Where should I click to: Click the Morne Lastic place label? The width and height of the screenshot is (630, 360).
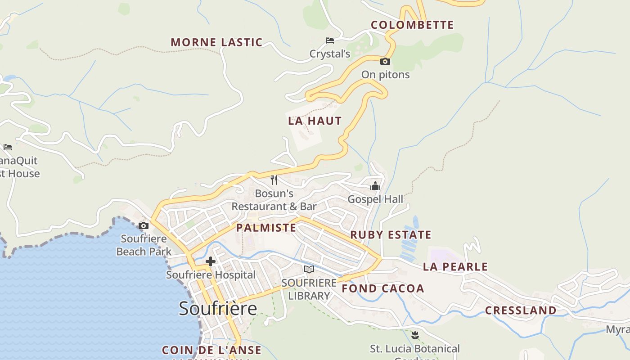[216, 42]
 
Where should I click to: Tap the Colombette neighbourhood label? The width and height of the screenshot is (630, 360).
[412, 25]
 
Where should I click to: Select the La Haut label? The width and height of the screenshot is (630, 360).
[315, 121]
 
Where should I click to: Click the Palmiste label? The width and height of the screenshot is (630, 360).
[266, 228]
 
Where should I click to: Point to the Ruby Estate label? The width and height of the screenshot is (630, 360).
[391, 235]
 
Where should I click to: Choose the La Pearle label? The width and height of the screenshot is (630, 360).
[455, 267]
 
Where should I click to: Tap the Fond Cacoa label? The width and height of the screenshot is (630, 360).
[383, 288]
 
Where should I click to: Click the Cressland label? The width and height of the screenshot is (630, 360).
[521, 310]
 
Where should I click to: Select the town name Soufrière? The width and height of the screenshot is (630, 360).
[218, 309]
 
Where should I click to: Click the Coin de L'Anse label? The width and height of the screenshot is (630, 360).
[211, 350]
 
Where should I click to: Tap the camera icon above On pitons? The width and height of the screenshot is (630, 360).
[385, 62]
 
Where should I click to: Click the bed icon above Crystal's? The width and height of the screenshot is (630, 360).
[330, 40]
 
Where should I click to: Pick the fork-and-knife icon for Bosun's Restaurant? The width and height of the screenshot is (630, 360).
[274, 180]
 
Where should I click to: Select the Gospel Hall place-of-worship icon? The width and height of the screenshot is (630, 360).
[375, 186]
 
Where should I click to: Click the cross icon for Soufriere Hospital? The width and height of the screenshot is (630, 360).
[210, 261]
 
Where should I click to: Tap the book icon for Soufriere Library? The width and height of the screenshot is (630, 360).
[309, 269]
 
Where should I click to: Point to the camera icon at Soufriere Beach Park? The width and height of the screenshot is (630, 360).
[144, 226]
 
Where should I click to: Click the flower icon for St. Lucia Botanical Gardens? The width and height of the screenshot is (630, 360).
[415, 335]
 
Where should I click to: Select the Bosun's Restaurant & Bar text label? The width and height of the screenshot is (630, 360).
[274, 200]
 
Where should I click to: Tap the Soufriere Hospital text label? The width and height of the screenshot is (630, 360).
[211, 274]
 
